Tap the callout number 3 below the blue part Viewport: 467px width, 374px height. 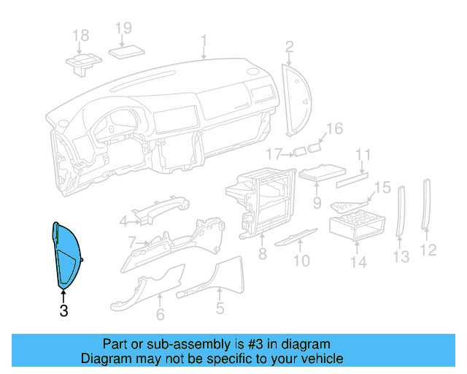point(63,311)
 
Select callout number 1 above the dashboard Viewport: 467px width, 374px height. point(204,39)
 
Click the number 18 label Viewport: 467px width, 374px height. point(81,35)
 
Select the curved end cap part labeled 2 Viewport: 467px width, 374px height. point(296,99)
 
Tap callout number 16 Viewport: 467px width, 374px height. point(333,129)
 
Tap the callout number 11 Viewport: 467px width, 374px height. point(363,155)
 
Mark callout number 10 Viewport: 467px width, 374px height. point(301,260)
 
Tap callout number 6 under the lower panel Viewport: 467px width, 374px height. point(160,315)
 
